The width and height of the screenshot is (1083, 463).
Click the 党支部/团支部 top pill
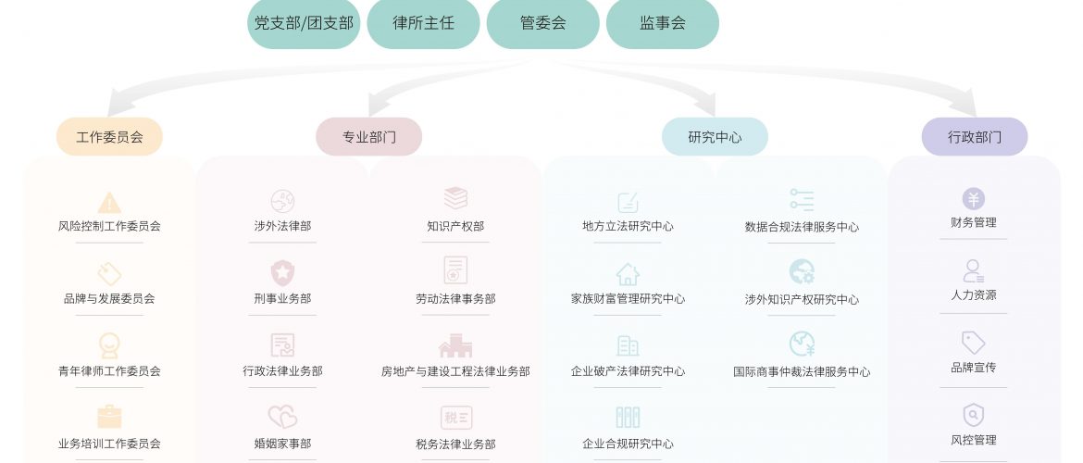(x=304, y=23)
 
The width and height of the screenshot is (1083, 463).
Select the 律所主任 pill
(x=423, y=23)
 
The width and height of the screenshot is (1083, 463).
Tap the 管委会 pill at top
(x=542, y=23)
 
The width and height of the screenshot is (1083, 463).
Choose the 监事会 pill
(x=662, y=23)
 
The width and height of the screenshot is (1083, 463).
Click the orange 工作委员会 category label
(x=109, y=137)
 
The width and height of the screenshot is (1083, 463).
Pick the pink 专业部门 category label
(x=368, y=137)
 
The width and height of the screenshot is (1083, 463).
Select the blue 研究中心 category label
(x=715, y=137)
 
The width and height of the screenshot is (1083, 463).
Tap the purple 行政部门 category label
(x=974, y=137)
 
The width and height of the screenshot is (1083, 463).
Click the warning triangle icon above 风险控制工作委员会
(x=109, y=202)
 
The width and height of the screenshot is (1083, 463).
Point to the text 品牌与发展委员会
(x=109, y=298)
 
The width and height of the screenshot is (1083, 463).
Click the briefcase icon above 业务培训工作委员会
(x=109, y=417)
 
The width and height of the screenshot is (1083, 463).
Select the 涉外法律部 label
(x=282, y=226)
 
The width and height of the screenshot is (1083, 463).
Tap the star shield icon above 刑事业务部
(x=282, y=272)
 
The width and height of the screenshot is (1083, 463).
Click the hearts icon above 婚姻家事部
(x=282, y=417)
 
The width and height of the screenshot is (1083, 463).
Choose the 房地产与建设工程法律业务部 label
(x=455, y=371)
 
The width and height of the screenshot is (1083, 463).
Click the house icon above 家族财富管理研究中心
(x=628, y=274)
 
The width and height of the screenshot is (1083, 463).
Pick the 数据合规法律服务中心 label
(x=802, y=227)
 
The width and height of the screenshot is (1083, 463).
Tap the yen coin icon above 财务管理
(x=973, y=199)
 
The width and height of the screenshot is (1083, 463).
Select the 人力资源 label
(x=973, y=294)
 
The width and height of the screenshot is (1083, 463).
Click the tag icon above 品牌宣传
(x=973, y=343)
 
